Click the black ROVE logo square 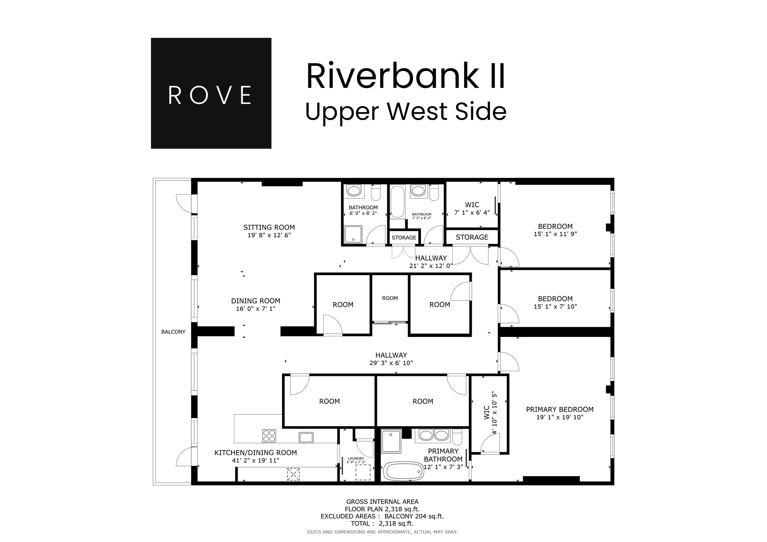point(211,93)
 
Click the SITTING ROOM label point(269,228)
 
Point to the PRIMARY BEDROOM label point(560,409)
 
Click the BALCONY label point(173,332)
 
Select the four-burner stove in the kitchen point(269,436)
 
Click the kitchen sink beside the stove point(306,437)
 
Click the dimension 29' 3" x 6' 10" point(391,363)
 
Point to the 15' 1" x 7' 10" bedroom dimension point(555,307)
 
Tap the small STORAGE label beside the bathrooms point(404,238)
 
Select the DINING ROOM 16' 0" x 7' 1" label point(256,304)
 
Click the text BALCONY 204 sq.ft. point(414,516)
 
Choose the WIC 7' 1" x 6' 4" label point(472,208)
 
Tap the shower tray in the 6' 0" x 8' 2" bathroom point(353,235)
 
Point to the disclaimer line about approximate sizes point(382,532)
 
